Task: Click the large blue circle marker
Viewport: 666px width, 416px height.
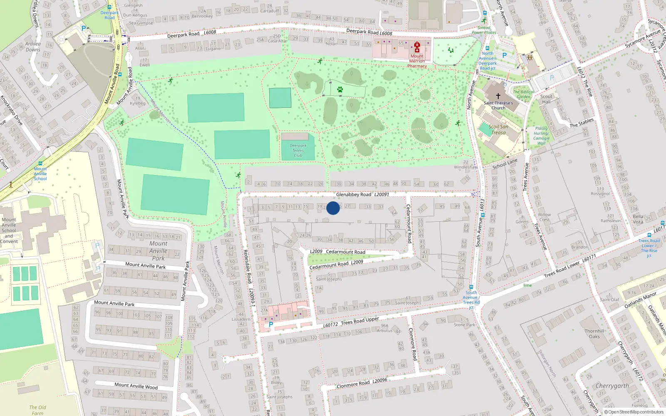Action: click(333, 208)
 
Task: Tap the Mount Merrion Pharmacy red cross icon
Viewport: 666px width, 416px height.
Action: click(417, 47)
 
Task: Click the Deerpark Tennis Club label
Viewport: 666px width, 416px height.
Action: click(298, 151)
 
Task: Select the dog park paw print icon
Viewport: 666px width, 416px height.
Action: click(340, 89)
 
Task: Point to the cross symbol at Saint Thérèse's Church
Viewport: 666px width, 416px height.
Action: click(498, 96)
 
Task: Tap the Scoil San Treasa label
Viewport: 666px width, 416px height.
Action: click(498, 130)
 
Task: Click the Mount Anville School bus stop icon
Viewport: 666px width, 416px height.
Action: click(40, 163)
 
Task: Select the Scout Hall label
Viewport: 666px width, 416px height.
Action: click(546, 99)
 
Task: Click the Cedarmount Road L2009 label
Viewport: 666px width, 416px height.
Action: click(336, 264)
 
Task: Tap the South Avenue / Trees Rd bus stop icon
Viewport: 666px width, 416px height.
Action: click(471, 287)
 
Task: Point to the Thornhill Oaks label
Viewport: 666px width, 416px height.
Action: click(594, 334)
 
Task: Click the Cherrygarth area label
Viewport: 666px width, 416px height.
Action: click(612, 386)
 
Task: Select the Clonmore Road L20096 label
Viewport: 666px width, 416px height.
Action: click(361, 383)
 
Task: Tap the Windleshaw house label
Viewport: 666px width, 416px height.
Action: click(465, 167)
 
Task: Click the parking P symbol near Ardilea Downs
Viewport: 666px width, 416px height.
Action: click(84, 29)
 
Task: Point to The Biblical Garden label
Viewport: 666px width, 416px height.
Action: click(523, 94)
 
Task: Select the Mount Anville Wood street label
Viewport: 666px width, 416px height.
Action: click(136, 386)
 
